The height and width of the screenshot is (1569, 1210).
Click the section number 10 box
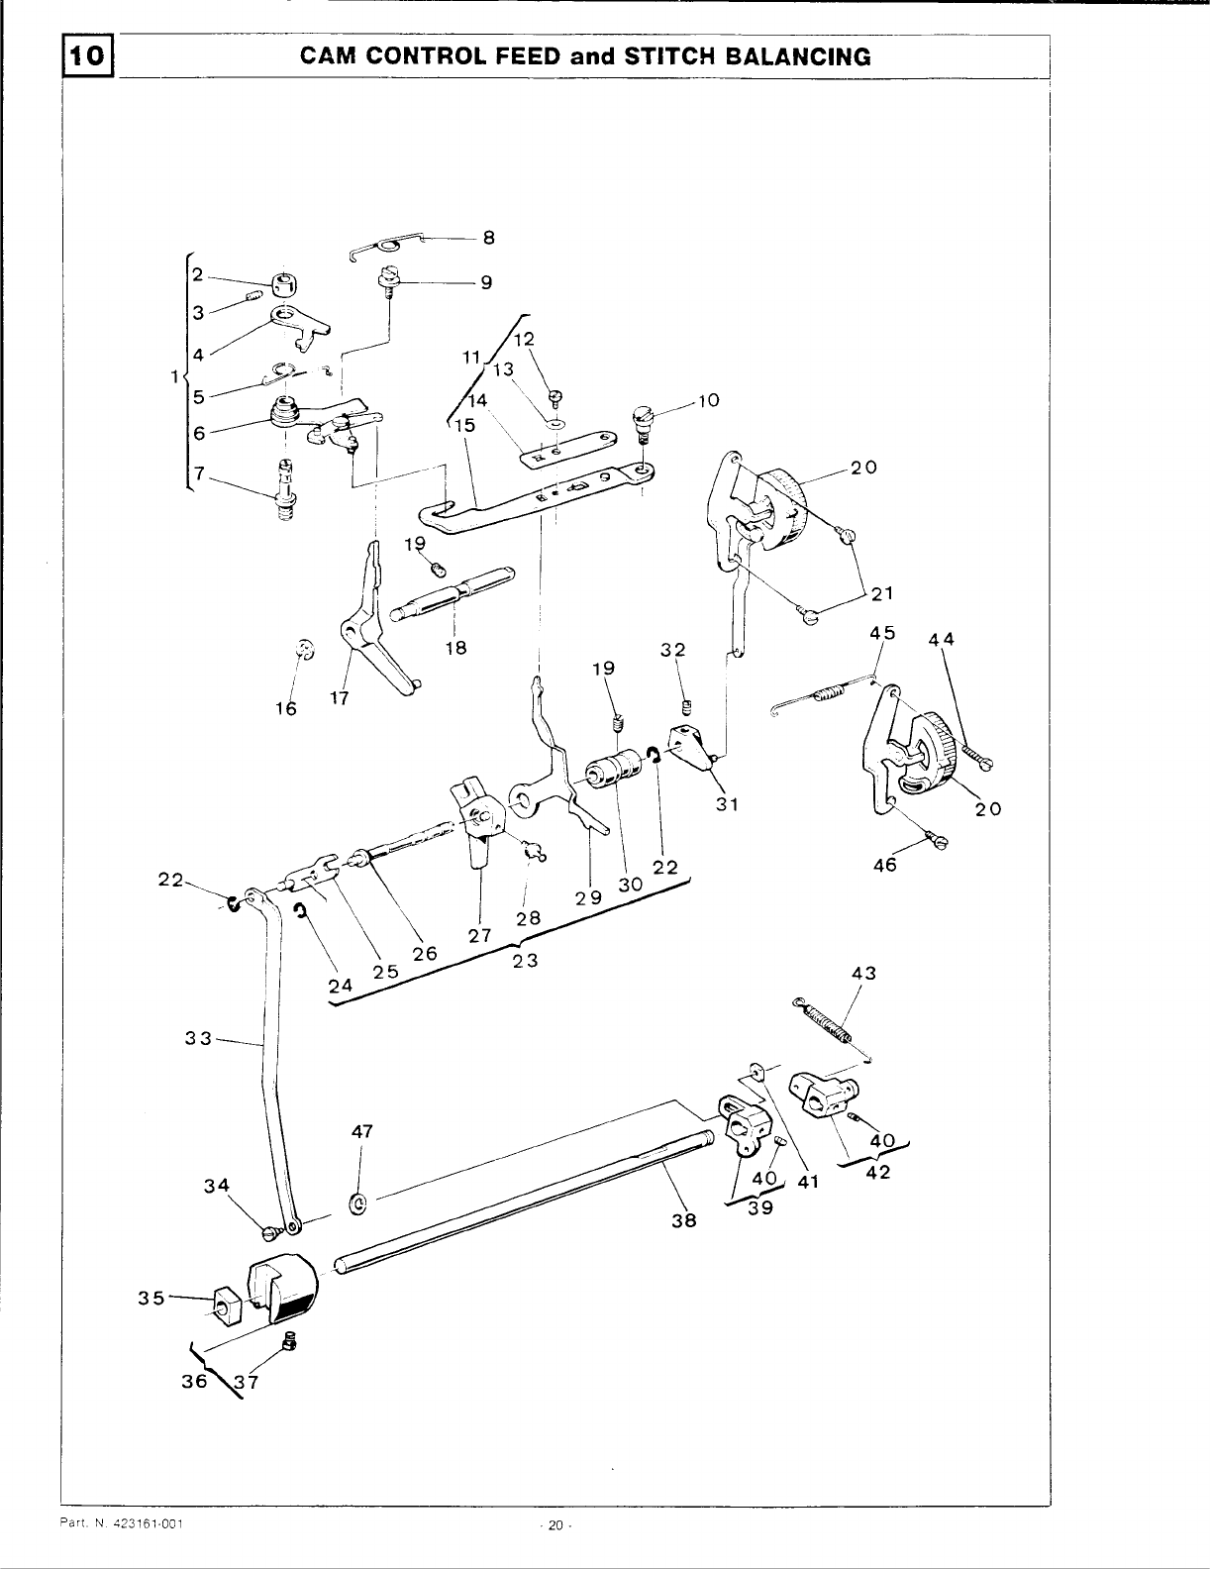coord(89,56)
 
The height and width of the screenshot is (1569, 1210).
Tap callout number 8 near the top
coord(488,238)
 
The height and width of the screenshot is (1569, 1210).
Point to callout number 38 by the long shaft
coord(683,1220)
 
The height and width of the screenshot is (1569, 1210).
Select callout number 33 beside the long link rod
coord(198,1039)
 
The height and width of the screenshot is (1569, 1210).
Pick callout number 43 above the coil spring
coord(863,974)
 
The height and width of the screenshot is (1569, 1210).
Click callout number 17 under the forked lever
coord(340,697)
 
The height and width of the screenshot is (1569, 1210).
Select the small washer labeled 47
coord(358,1203)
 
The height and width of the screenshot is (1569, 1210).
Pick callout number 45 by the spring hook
coord(882,632)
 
